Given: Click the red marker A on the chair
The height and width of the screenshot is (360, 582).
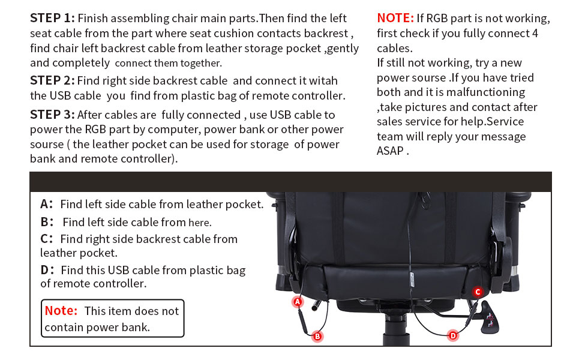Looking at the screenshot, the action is (x=298, y=302).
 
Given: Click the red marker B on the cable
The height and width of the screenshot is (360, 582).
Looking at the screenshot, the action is (x=317, y=336).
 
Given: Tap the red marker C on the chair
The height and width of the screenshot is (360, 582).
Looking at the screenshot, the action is (x=478, y=292).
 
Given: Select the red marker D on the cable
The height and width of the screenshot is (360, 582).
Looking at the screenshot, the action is (x=453, y=335).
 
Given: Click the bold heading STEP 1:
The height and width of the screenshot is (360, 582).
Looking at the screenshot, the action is (x=52, y=18).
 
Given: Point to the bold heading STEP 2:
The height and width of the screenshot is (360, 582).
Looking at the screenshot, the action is (x=52, y=80).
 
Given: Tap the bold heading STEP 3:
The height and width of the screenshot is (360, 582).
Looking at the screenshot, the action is (x=52, y=115).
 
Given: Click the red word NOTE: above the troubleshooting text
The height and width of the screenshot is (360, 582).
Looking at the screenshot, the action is (x=395, y=18).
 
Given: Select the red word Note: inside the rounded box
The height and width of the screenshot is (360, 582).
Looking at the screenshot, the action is (x=61, y=311).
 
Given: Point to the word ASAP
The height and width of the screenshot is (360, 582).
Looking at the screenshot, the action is (x=390, y=151).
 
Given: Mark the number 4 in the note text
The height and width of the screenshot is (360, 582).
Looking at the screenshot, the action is (x=535, y=33).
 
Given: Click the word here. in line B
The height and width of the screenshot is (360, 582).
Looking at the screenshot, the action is (x=200, y=223).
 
